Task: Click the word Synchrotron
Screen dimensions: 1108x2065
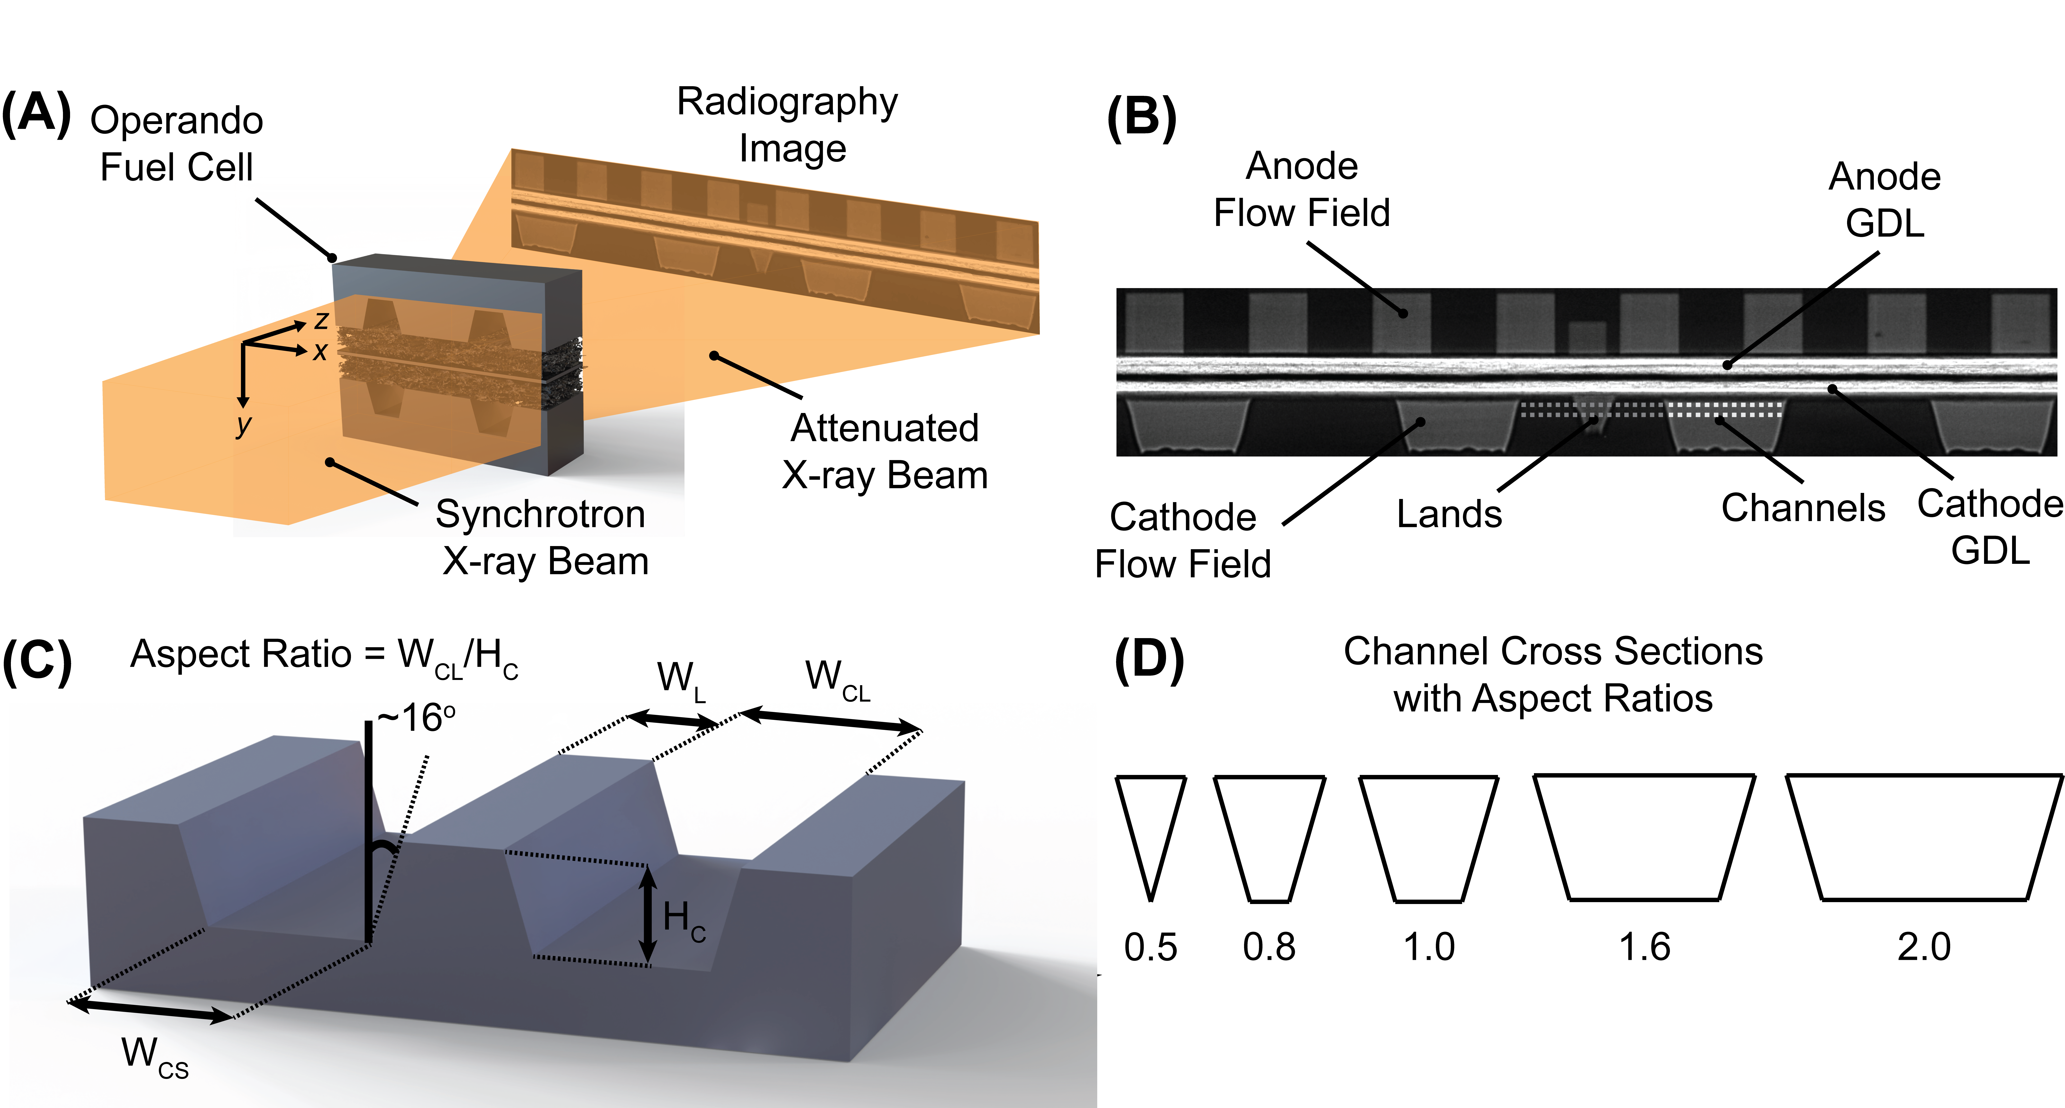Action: pyautogui.click(x=539, y=514)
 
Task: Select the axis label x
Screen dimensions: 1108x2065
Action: pyautogui.click(x=320, y=351)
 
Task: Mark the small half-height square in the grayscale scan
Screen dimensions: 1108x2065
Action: pyautogui.click(x=1586, y=337)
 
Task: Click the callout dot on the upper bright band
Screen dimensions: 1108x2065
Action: pyautogui.click(x=1727, y=365)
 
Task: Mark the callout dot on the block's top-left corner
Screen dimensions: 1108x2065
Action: pyautogui.click(x=331, y=257)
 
